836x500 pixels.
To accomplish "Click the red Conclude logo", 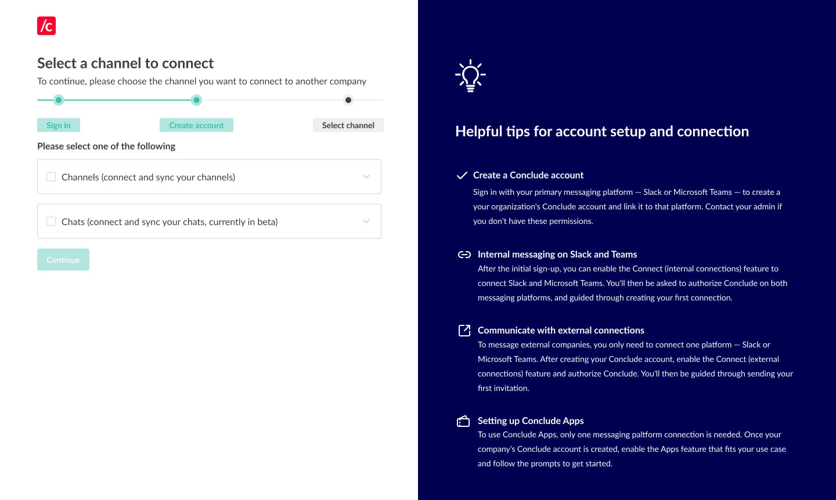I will pyautogui.click(x=46, y=26).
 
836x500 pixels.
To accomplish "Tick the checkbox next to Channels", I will pyautogui.click(x=51, y=177).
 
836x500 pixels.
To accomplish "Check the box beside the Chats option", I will pyautogui.click(x=51, y=222).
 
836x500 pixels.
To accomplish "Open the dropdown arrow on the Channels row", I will pyautogui.click(x=366, y=177).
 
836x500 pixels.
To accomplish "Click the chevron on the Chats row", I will pyautogui.click(x=366, y=222).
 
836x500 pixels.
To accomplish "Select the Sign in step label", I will pyautogui.click(x=59, y=125).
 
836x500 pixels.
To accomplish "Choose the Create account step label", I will pyautogui.click(x=196, y=125).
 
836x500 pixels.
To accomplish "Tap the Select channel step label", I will pyautogui.click(x=348, y=125).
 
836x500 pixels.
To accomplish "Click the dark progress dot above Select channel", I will pyautogui.click(x=348, y=100).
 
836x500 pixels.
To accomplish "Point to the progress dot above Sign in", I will pyautogui.click(x=59, y=100).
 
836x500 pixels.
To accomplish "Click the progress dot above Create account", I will pyautogui.click(x=197, y=100).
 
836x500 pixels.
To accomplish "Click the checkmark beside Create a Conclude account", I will pyautogui.click(x=462, y=175).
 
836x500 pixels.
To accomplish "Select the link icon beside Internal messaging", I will pyautogui.click(x=464, y=255).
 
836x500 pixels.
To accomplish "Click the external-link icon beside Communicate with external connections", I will pyautogui.click(x=464, y=331).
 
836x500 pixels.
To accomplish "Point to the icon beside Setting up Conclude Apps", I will pyautogui.click(x=463, y=421).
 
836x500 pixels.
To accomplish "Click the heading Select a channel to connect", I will pyautogui.click(x=125, y=63).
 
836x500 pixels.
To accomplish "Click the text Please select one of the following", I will pyautogui.click(x=106, y=146).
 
